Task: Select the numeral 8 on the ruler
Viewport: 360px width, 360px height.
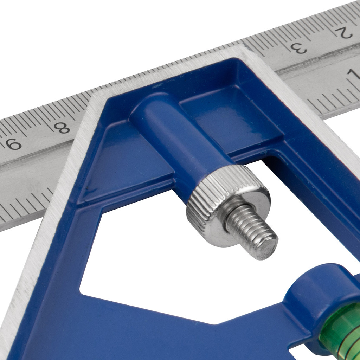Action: tap(62, 127)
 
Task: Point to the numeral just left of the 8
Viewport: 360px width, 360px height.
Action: tap(13, 144)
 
